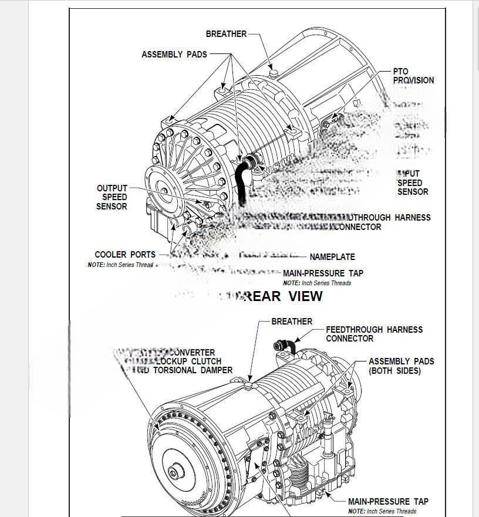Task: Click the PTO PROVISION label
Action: pos(413,76)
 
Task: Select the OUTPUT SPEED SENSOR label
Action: pos(112,198)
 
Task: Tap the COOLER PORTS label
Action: pos(125,255)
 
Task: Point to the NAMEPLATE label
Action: pos(332,257)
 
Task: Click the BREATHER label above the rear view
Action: pos(226,34)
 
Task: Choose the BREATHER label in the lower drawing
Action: pos(292,322)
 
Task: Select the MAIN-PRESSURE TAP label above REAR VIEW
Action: pos(323,273)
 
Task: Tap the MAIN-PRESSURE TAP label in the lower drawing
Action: pos(388,502)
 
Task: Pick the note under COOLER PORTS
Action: pos(120,265)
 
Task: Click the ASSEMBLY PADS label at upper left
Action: pos(174,55)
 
